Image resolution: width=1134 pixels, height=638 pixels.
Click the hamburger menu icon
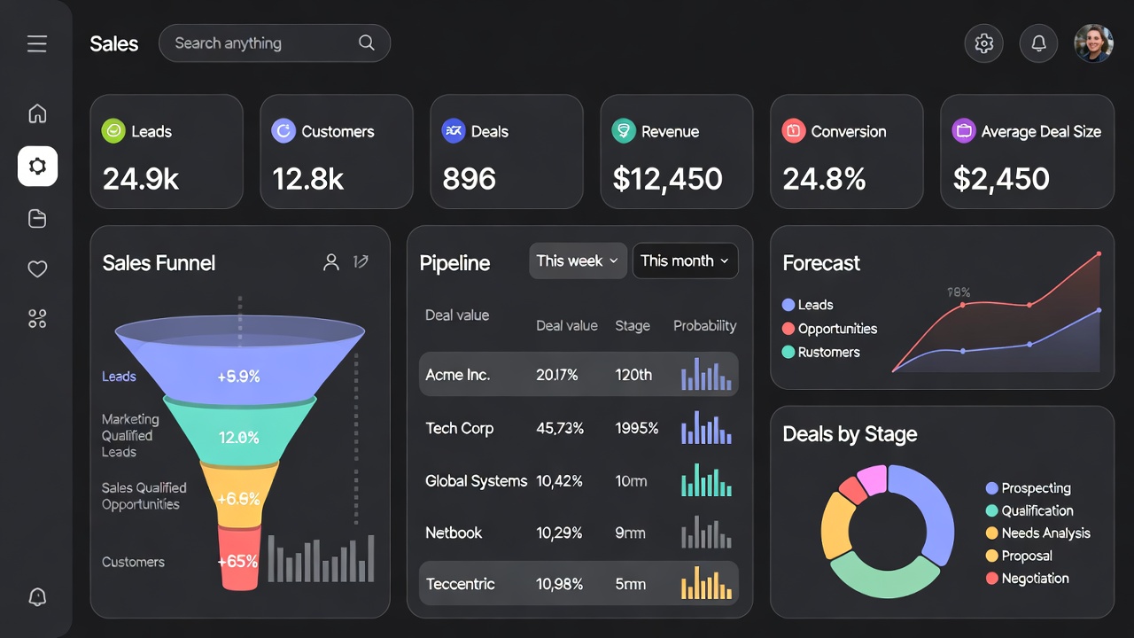(37, 43)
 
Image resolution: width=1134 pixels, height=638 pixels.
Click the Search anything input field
(266, 43)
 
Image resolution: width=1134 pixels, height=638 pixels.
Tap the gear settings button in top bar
(983, 43)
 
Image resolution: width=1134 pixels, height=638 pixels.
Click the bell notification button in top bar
(1038, 43)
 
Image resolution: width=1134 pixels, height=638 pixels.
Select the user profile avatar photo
(1093, 43)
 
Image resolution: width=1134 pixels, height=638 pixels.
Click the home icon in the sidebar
(37, 113)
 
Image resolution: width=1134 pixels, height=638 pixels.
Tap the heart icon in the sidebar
(37, 269)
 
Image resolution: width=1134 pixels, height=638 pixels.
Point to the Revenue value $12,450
(668, 179)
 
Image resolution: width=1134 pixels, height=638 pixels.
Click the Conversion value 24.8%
(824, 179)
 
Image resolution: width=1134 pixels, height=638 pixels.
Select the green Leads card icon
(113, 131)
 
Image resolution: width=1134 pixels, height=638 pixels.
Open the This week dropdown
(578, 261)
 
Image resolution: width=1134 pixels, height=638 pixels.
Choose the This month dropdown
(685, 261)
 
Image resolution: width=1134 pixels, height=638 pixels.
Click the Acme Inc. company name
(457, 375)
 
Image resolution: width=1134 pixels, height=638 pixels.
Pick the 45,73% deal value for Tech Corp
(560, 428)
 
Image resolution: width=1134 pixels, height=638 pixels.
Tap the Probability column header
(704, 326)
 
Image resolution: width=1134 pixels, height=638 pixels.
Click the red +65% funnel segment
(238, 561)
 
